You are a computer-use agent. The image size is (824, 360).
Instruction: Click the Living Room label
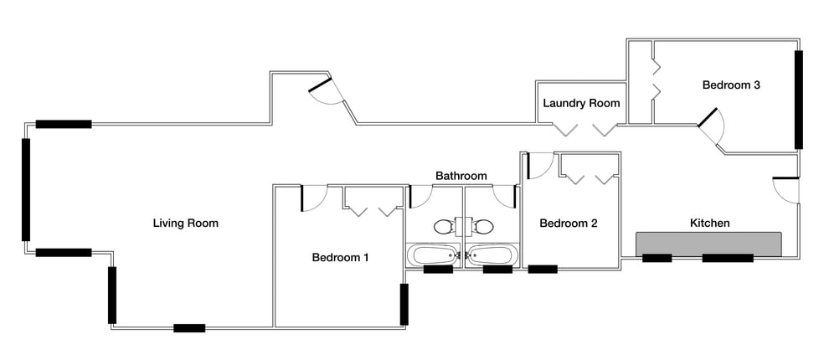[186, 224]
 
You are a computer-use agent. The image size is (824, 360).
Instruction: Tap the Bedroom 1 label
[340, 258]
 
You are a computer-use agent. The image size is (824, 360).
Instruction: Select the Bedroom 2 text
[569, 224]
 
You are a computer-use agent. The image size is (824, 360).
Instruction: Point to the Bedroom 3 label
[732, 85]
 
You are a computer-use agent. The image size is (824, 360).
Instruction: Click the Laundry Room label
[581, 103]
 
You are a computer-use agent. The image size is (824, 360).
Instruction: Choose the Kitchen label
[709, 224]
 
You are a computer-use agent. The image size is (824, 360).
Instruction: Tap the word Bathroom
[461, 176]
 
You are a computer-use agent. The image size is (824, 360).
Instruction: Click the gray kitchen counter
[708, 244]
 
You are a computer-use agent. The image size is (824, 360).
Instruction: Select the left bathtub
[433, 255]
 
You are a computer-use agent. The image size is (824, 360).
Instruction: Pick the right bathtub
[492, 255]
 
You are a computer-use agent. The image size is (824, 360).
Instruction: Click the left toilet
[444, 227]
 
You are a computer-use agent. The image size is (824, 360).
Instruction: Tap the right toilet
[482, 227]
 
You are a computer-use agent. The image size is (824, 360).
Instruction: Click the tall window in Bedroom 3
[799, 100]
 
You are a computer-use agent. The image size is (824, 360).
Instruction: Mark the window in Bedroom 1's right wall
[404, 304]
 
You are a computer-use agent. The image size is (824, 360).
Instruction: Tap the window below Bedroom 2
[543, 270]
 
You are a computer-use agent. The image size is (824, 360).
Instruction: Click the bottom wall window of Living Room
[189, 328]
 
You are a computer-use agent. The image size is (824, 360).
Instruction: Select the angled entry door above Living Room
[326, 92]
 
